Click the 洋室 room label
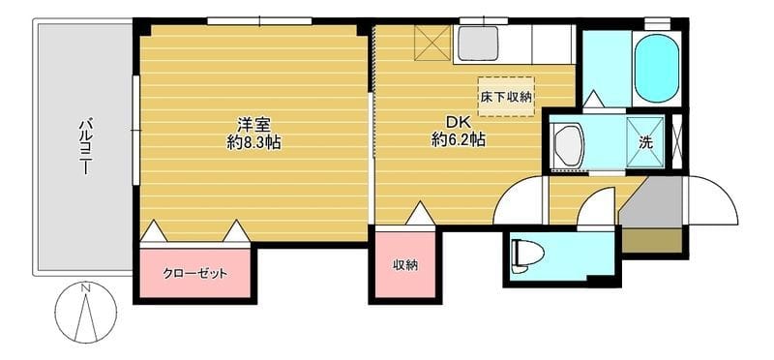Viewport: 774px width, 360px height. pyautogui.click(x=253, y=124)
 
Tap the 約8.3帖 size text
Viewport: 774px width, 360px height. pyautogui.click(x=253, y=142)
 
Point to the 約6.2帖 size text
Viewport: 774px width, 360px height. pyautogui.click(x=458, y=140)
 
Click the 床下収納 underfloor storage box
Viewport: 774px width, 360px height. pyautogui.click(x=506, y=97)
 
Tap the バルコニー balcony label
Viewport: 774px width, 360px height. pyautogui.click(x=85, y=146)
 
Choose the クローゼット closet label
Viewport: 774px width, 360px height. pyautogui.click(x=195, y=274)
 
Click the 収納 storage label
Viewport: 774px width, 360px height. pyautogui.click(x=405, y=265)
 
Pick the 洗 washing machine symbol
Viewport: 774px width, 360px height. pyautogui.click(x=645, y=142)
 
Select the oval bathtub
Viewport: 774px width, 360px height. pyautogui.click(x=656, y=68)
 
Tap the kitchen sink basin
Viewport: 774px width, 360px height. pyautogui.click(x=477, y=43)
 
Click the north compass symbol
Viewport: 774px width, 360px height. pyautogui.click(x=85, y=313)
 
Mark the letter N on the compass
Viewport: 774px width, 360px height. pyautogui.click(x=86, y=287)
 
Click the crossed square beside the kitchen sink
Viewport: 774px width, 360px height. pyautogui.click(x=432, y=43)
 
